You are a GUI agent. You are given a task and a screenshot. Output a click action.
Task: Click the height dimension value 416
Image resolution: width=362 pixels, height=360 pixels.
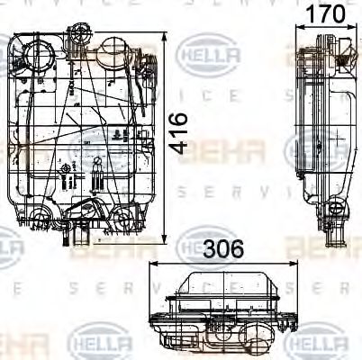click(x=180, y=133)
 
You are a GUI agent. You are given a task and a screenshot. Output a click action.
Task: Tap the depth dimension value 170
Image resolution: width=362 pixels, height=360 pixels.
click(x=326, y=14)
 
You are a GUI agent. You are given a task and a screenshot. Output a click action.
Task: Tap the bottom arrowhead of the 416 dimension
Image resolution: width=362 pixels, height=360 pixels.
click(x=166, y=240)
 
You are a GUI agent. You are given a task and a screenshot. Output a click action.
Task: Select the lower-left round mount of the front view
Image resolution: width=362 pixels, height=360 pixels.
click(x=40, y=216)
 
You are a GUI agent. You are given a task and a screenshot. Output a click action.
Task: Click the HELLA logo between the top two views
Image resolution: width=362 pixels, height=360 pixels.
click(x=211, y=56)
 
